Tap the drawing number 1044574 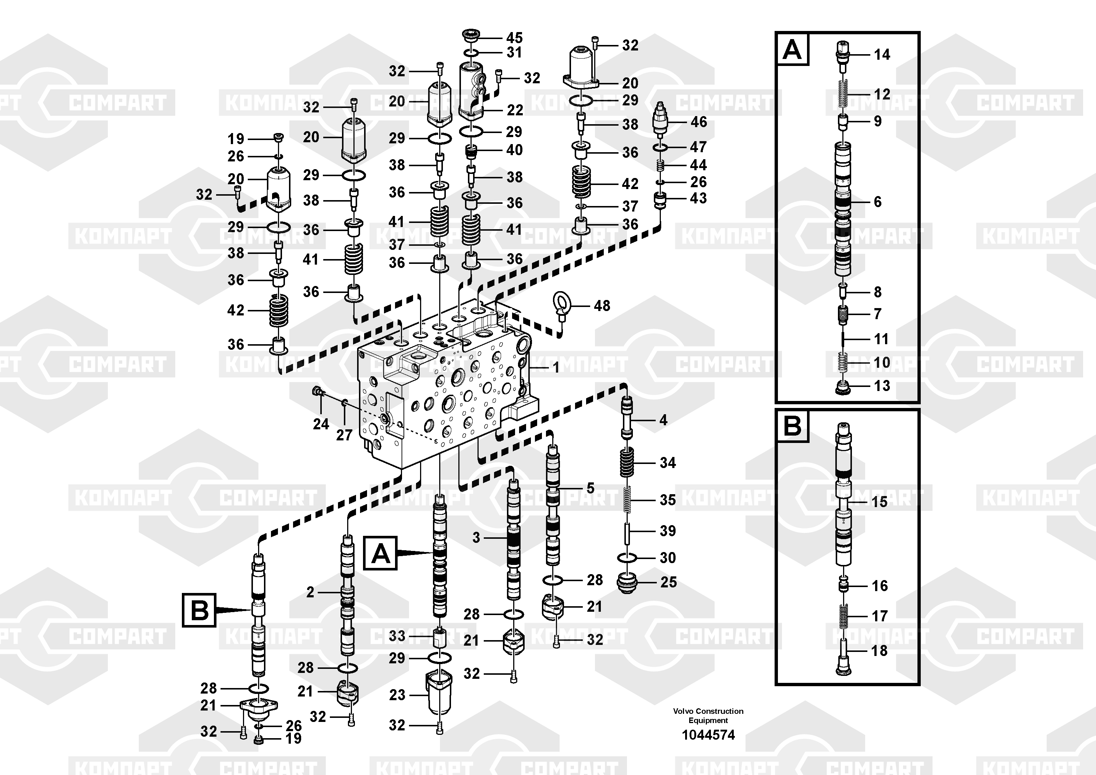click(x=708, y=734)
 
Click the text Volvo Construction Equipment click(x=708, y=715)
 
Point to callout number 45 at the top click(x=514, y=37)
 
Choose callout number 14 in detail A click(x=882, y=55)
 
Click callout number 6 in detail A click(x=877, y=202)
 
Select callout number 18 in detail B click(x=879, y=650)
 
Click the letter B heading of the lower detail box click(x=792, y=425)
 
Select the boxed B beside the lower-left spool click(x=199, y=610)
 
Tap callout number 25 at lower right click(x=668, y=582)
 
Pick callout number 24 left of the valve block click(x=321, y=423)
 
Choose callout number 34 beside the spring click(x=667, y=462)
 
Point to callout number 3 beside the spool click(x=476, y=538)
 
